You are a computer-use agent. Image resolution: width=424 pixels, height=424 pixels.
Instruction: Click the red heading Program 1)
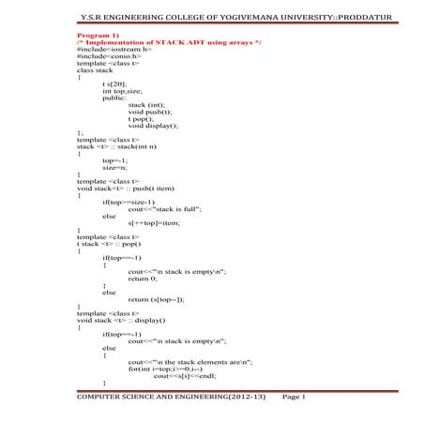98,32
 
